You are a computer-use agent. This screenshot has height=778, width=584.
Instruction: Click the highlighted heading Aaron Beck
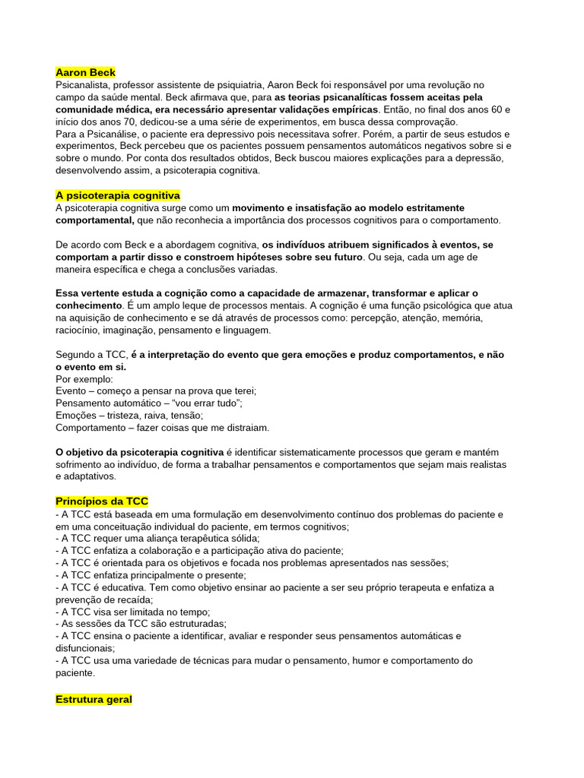pyautogui.click(x=85, y=72)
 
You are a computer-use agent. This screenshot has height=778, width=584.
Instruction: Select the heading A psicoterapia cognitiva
pyautogui.click(x=118, y=195)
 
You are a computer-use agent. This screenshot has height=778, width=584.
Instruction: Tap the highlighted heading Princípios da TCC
pyautogui.click(x=102, y=501)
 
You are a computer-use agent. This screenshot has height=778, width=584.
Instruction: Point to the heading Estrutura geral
pyautogui.click(x=94, y=699)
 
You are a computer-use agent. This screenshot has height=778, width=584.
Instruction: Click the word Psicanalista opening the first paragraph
pyautogui.click(x=83, y=85)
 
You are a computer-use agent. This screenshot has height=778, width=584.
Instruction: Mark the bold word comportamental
pyautogui.click(x=94, y=220)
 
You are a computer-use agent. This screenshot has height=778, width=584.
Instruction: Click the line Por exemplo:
pyautogui.click(x=84, y=379)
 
